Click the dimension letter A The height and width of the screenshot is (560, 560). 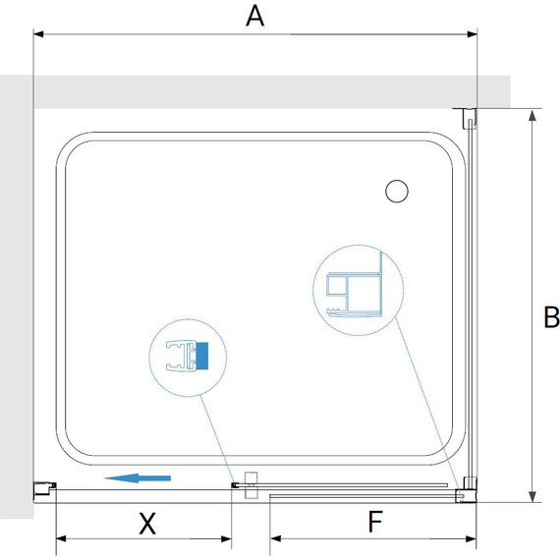pos(255,16)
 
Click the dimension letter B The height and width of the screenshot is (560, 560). pos(551,316)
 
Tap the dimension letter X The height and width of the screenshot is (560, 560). pos(147,524)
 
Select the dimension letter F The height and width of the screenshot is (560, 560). pos(375,522)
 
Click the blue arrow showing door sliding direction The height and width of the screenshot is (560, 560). pos(138,478)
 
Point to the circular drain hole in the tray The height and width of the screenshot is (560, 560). pos(397,191)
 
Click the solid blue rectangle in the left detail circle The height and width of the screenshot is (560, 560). pos(201,356)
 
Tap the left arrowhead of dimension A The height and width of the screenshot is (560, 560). pos(38,34)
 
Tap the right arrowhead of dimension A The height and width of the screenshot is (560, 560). pos(473,34)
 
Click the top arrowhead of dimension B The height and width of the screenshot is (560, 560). pos(532,115)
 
